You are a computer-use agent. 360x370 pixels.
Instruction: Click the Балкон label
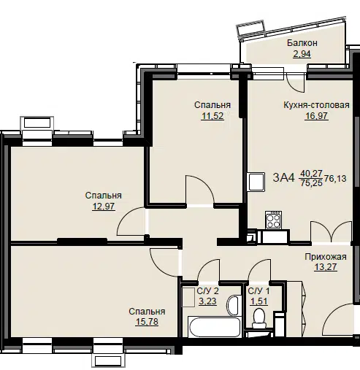(x=302, y=43)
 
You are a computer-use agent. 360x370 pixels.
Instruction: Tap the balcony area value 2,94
(x=302, y=54)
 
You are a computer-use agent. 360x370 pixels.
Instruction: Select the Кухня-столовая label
(x=316, y=105)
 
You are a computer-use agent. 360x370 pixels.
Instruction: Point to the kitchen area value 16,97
(x=317, y=116)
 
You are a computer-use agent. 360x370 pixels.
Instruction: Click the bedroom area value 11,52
(x=212, y=116)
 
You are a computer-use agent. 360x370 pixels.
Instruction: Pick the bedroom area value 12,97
(x=104, y=207)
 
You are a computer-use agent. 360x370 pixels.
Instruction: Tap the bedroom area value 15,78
(x=147, y=322)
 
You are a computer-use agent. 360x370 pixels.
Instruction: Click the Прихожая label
(x=326, y=257)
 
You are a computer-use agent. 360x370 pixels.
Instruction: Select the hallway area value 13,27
(x=326, y=267)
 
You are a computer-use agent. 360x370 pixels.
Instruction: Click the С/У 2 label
(x=207, y=290)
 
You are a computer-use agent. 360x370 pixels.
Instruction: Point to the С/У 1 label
(x=258, y=290)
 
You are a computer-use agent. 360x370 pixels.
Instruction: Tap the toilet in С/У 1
(x=258, y=318)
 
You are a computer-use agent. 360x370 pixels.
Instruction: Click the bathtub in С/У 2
(x=215, y=327)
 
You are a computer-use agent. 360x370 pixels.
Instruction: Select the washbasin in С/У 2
(x=234, y=305)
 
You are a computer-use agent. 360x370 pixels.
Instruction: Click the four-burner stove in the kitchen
(x=273, y=220)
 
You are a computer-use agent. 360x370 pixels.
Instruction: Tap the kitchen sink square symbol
(x=256, y=182)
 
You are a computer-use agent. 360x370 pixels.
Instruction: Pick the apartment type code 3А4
(x=283, y=177)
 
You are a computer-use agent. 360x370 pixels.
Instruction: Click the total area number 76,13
(x=335, y=179)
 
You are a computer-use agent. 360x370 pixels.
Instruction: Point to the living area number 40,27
(x=311, y=173)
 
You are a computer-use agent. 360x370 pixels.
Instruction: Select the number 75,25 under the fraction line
(x=311, y=182)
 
